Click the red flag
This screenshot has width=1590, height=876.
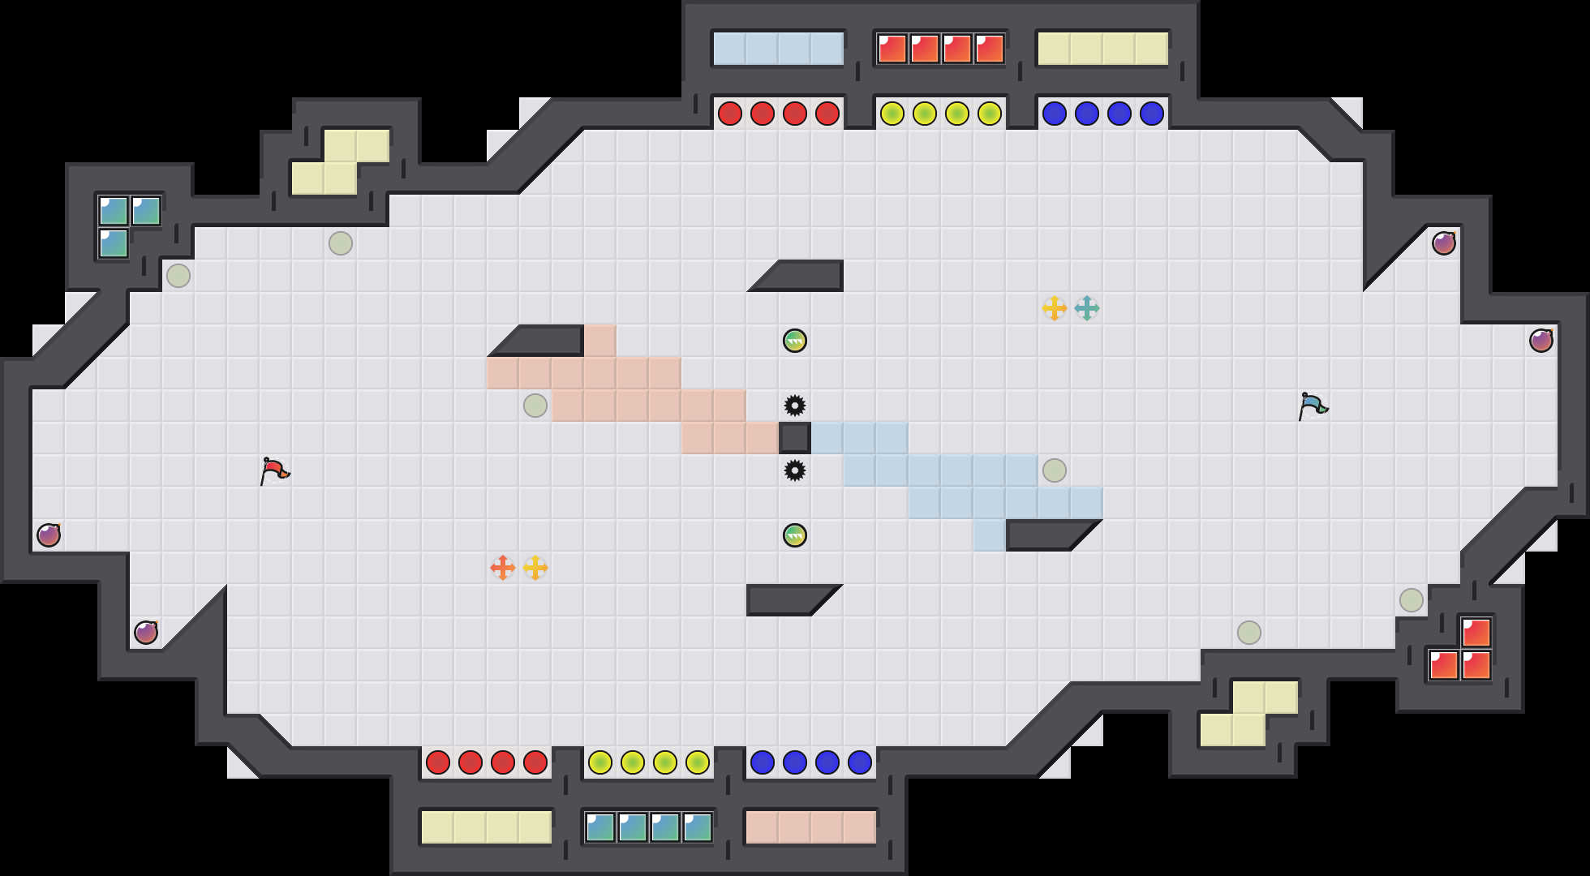[274, 470]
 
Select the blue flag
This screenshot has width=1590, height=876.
[1313, 406]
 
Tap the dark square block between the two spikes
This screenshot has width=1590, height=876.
[795, 438]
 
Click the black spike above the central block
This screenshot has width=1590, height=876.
[795, 406]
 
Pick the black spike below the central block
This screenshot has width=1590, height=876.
[795, 470]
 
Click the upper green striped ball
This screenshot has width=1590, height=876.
[795, 341]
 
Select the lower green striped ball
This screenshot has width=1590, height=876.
[795, 535]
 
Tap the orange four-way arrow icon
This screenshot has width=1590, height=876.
[503, 568]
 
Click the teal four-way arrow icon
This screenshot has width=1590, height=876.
[1087, 308]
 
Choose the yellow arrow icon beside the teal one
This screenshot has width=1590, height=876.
[1055, 308]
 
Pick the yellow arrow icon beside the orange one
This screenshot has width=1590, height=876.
[535, 568]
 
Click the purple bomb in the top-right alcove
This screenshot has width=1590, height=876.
[1444, 243]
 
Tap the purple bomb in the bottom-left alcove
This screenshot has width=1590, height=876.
[146, 633]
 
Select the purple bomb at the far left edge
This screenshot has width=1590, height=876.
[49, 535]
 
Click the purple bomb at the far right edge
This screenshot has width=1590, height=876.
[1541, 341]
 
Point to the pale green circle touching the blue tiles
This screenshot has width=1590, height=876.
[1055, 470]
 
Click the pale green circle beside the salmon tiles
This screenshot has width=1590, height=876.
[535, 406]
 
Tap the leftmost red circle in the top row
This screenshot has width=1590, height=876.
[730, 114]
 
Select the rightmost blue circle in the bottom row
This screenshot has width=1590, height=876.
[860, 762]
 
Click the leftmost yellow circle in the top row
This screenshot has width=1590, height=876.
[892, 114]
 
